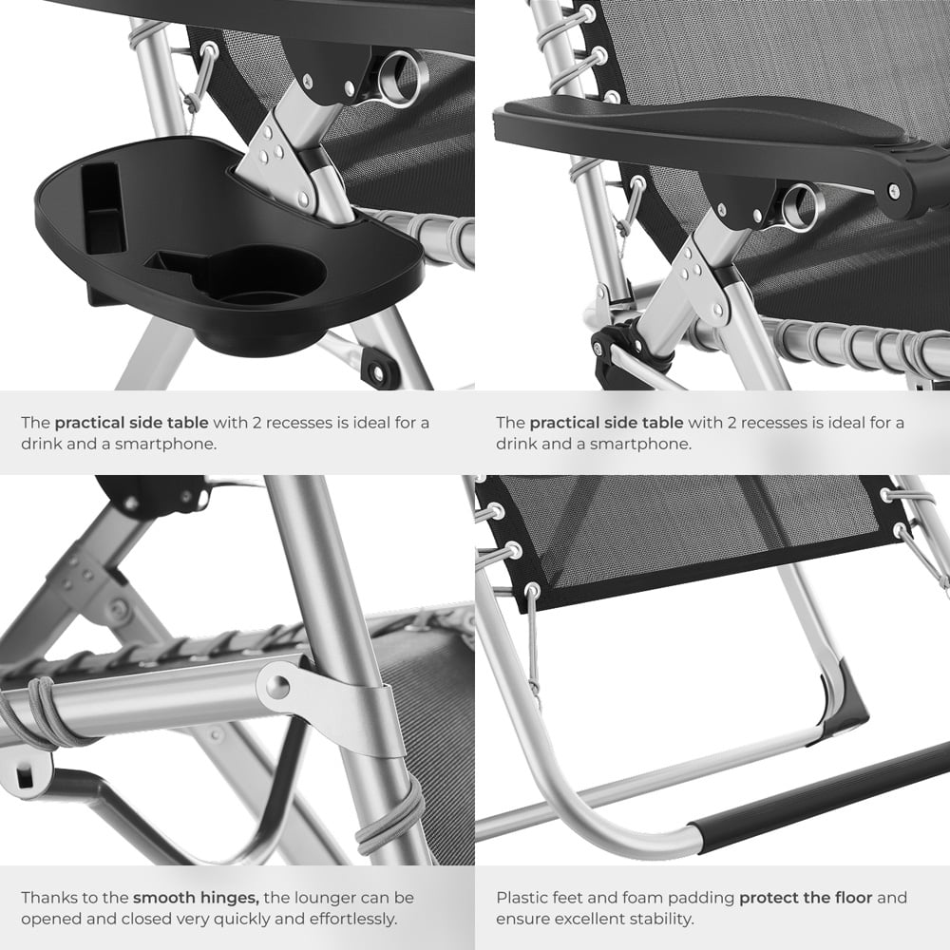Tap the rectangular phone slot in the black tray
click(x=103, y=208)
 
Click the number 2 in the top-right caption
click(x=731, y=423)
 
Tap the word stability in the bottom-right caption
click(x=662, y=919)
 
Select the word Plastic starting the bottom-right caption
click(x=521, y=898)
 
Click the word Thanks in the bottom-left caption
click(x=50, y=898)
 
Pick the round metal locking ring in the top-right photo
click(x=800, y=206)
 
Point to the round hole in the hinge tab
click(x=277, y=686)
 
